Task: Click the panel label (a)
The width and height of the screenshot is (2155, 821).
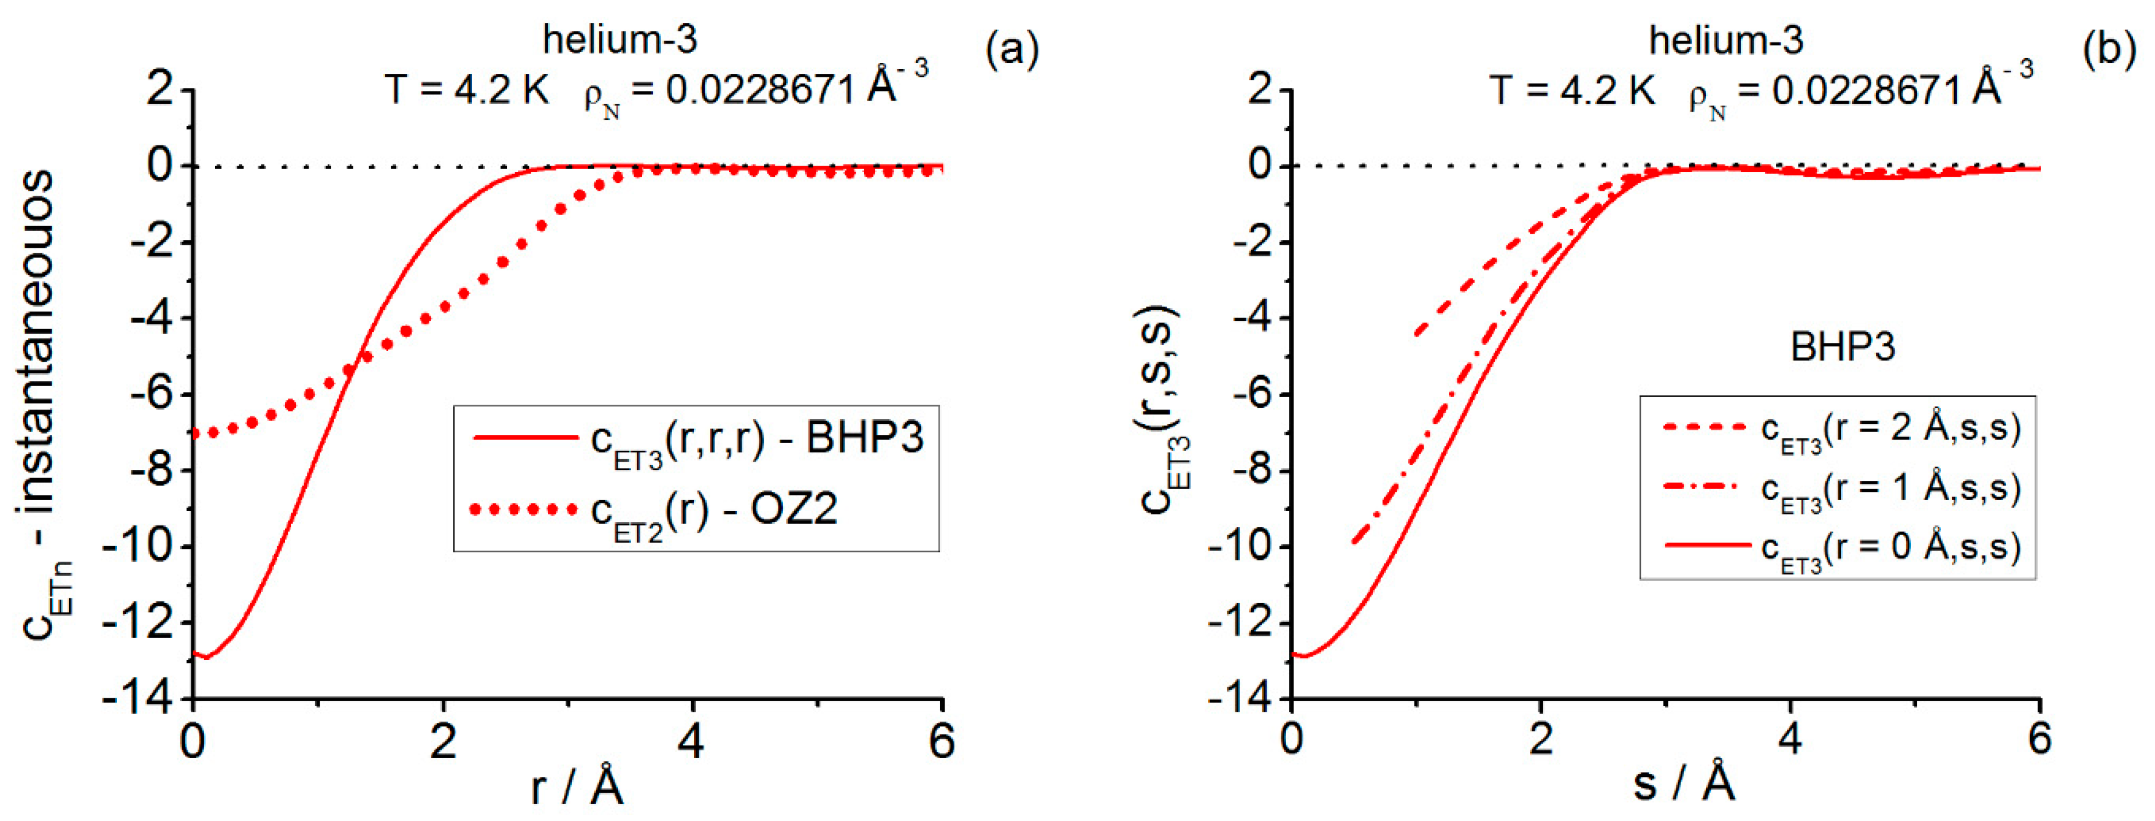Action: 1012,49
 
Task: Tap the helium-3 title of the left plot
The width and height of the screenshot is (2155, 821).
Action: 620,40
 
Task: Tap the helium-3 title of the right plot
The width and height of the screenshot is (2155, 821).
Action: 1726,40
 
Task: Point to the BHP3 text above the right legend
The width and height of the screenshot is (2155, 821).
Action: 1842,347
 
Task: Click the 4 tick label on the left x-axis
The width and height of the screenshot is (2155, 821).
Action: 691,741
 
